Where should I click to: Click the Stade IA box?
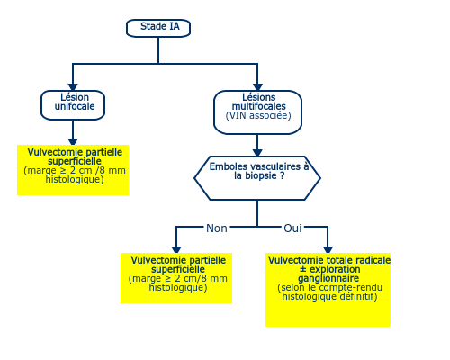pos(158,28)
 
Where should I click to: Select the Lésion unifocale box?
pos(73,105)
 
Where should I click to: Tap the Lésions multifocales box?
pos(257,112)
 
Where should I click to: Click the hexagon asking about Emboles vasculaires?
pos(257,178)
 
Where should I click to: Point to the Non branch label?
pos(217,229)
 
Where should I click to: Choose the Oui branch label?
pos(292,229)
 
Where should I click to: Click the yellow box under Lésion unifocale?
pos(73,170)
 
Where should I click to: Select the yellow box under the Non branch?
pos(176,278)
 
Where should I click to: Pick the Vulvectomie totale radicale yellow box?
pos(328,290)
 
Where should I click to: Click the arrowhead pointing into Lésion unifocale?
pos(73,87)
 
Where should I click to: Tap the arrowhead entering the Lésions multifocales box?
pos(257,87)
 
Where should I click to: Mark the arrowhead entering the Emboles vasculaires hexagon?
pos(257,153)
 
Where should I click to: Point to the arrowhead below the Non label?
pos(176,250)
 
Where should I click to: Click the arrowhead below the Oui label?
pos(328,250)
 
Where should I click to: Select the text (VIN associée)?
pos(258,115)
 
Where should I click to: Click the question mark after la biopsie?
pos(282,175)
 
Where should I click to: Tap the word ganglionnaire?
pos(328,278)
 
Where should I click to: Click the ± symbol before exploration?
pos(303,269)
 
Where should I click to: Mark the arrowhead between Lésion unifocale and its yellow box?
pos(73,142)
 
